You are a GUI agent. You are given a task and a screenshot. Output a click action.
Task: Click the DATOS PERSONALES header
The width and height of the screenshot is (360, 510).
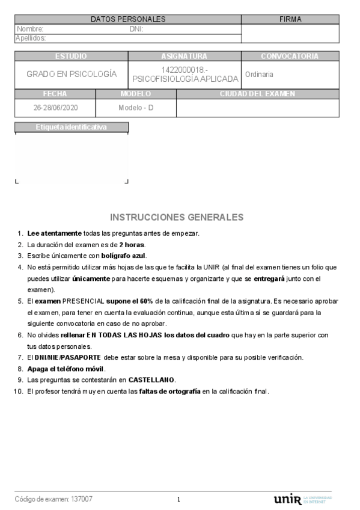point(127,20)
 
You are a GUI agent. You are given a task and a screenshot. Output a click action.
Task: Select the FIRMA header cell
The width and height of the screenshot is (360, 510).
point(290,20)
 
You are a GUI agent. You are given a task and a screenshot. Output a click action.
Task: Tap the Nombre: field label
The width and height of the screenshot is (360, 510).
point(30,28)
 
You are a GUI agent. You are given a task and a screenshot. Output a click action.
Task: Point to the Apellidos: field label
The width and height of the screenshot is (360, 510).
point(31,38)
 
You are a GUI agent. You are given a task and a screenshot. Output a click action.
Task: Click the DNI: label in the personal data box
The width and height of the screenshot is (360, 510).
point(136,28)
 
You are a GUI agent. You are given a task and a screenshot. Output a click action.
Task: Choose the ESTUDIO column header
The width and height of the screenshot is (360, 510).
point(71,57)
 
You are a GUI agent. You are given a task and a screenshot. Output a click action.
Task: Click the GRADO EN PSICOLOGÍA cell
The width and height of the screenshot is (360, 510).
point(71,75)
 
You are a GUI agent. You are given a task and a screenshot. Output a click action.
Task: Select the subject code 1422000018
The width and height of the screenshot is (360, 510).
point(184,70)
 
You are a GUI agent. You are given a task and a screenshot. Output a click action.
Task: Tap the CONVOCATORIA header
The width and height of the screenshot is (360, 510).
point(289,57)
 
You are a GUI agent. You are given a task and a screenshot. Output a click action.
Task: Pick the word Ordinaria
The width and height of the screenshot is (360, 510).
point(259,75)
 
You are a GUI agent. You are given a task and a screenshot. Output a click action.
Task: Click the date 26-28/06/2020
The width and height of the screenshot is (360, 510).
point(55,108)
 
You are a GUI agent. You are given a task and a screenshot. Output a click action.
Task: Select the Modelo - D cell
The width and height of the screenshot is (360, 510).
point(136,108)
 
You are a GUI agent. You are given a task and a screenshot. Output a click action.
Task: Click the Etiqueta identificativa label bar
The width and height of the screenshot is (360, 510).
point(71,127)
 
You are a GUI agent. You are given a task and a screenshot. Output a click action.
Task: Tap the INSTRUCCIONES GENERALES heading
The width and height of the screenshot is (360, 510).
point(177,217)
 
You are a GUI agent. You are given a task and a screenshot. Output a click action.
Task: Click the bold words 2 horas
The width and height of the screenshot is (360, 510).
point(132,245)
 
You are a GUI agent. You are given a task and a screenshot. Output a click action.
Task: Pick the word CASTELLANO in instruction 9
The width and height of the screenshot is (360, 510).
point(153,380)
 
